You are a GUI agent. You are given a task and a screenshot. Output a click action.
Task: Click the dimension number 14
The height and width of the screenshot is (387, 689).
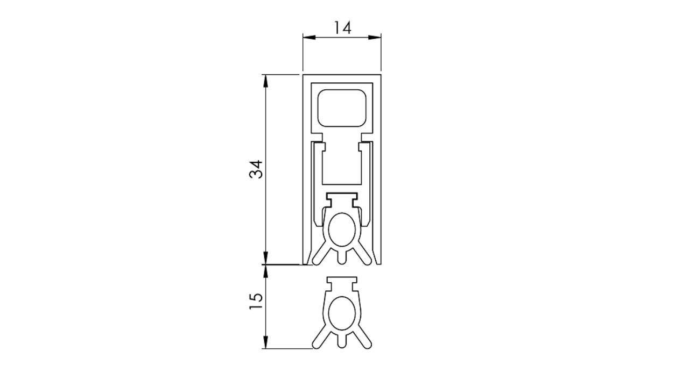tap(342, 28)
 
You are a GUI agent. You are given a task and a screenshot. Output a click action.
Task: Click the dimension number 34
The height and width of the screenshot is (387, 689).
tap(256, 169)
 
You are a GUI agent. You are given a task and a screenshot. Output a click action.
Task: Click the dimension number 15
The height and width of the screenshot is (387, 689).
tap(256, 301)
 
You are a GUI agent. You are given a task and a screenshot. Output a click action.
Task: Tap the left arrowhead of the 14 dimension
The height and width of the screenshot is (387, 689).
tap(310, 38)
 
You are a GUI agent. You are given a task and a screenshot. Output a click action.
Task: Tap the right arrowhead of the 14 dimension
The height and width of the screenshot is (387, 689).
tap(375, 38)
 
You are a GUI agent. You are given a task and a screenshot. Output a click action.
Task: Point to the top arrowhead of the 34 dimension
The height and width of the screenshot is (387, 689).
tap(266, 81)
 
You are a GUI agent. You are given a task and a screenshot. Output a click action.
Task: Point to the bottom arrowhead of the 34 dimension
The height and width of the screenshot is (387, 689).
tap(266, 257)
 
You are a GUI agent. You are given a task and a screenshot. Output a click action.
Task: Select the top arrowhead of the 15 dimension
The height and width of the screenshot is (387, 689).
tap(266, 271)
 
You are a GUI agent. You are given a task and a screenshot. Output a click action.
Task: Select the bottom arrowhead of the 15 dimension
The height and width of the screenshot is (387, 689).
tap(266, 342)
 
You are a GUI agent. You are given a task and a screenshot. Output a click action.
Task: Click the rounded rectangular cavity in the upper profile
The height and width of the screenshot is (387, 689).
tap(342, 108)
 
